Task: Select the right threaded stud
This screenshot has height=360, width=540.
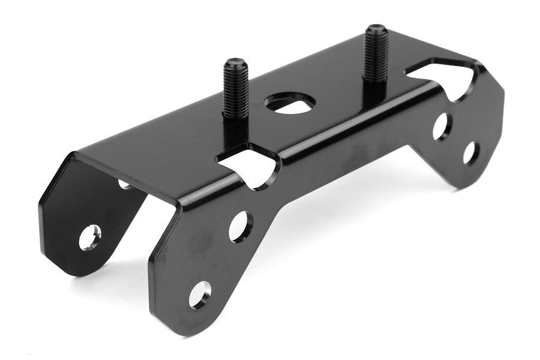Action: pyautogui.click(x=376, y=54)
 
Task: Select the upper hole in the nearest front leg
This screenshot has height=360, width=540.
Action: pyautogui.click(x=240, y=226)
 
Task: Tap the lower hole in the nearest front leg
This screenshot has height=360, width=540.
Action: pyautogui.click(x=200, y=294)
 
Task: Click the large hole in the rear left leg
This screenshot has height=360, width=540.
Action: pyautogui.click(x=89, y=237)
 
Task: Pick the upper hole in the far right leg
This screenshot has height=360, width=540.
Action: pyautogui.click(x=442, y=126)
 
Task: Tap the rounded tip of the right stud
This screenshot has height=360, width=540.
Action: pyautogui.click(x=376, y=28)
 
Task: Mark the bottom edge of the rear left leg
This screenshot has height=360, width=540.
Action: pyautogui.click(x=78, y=270)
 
